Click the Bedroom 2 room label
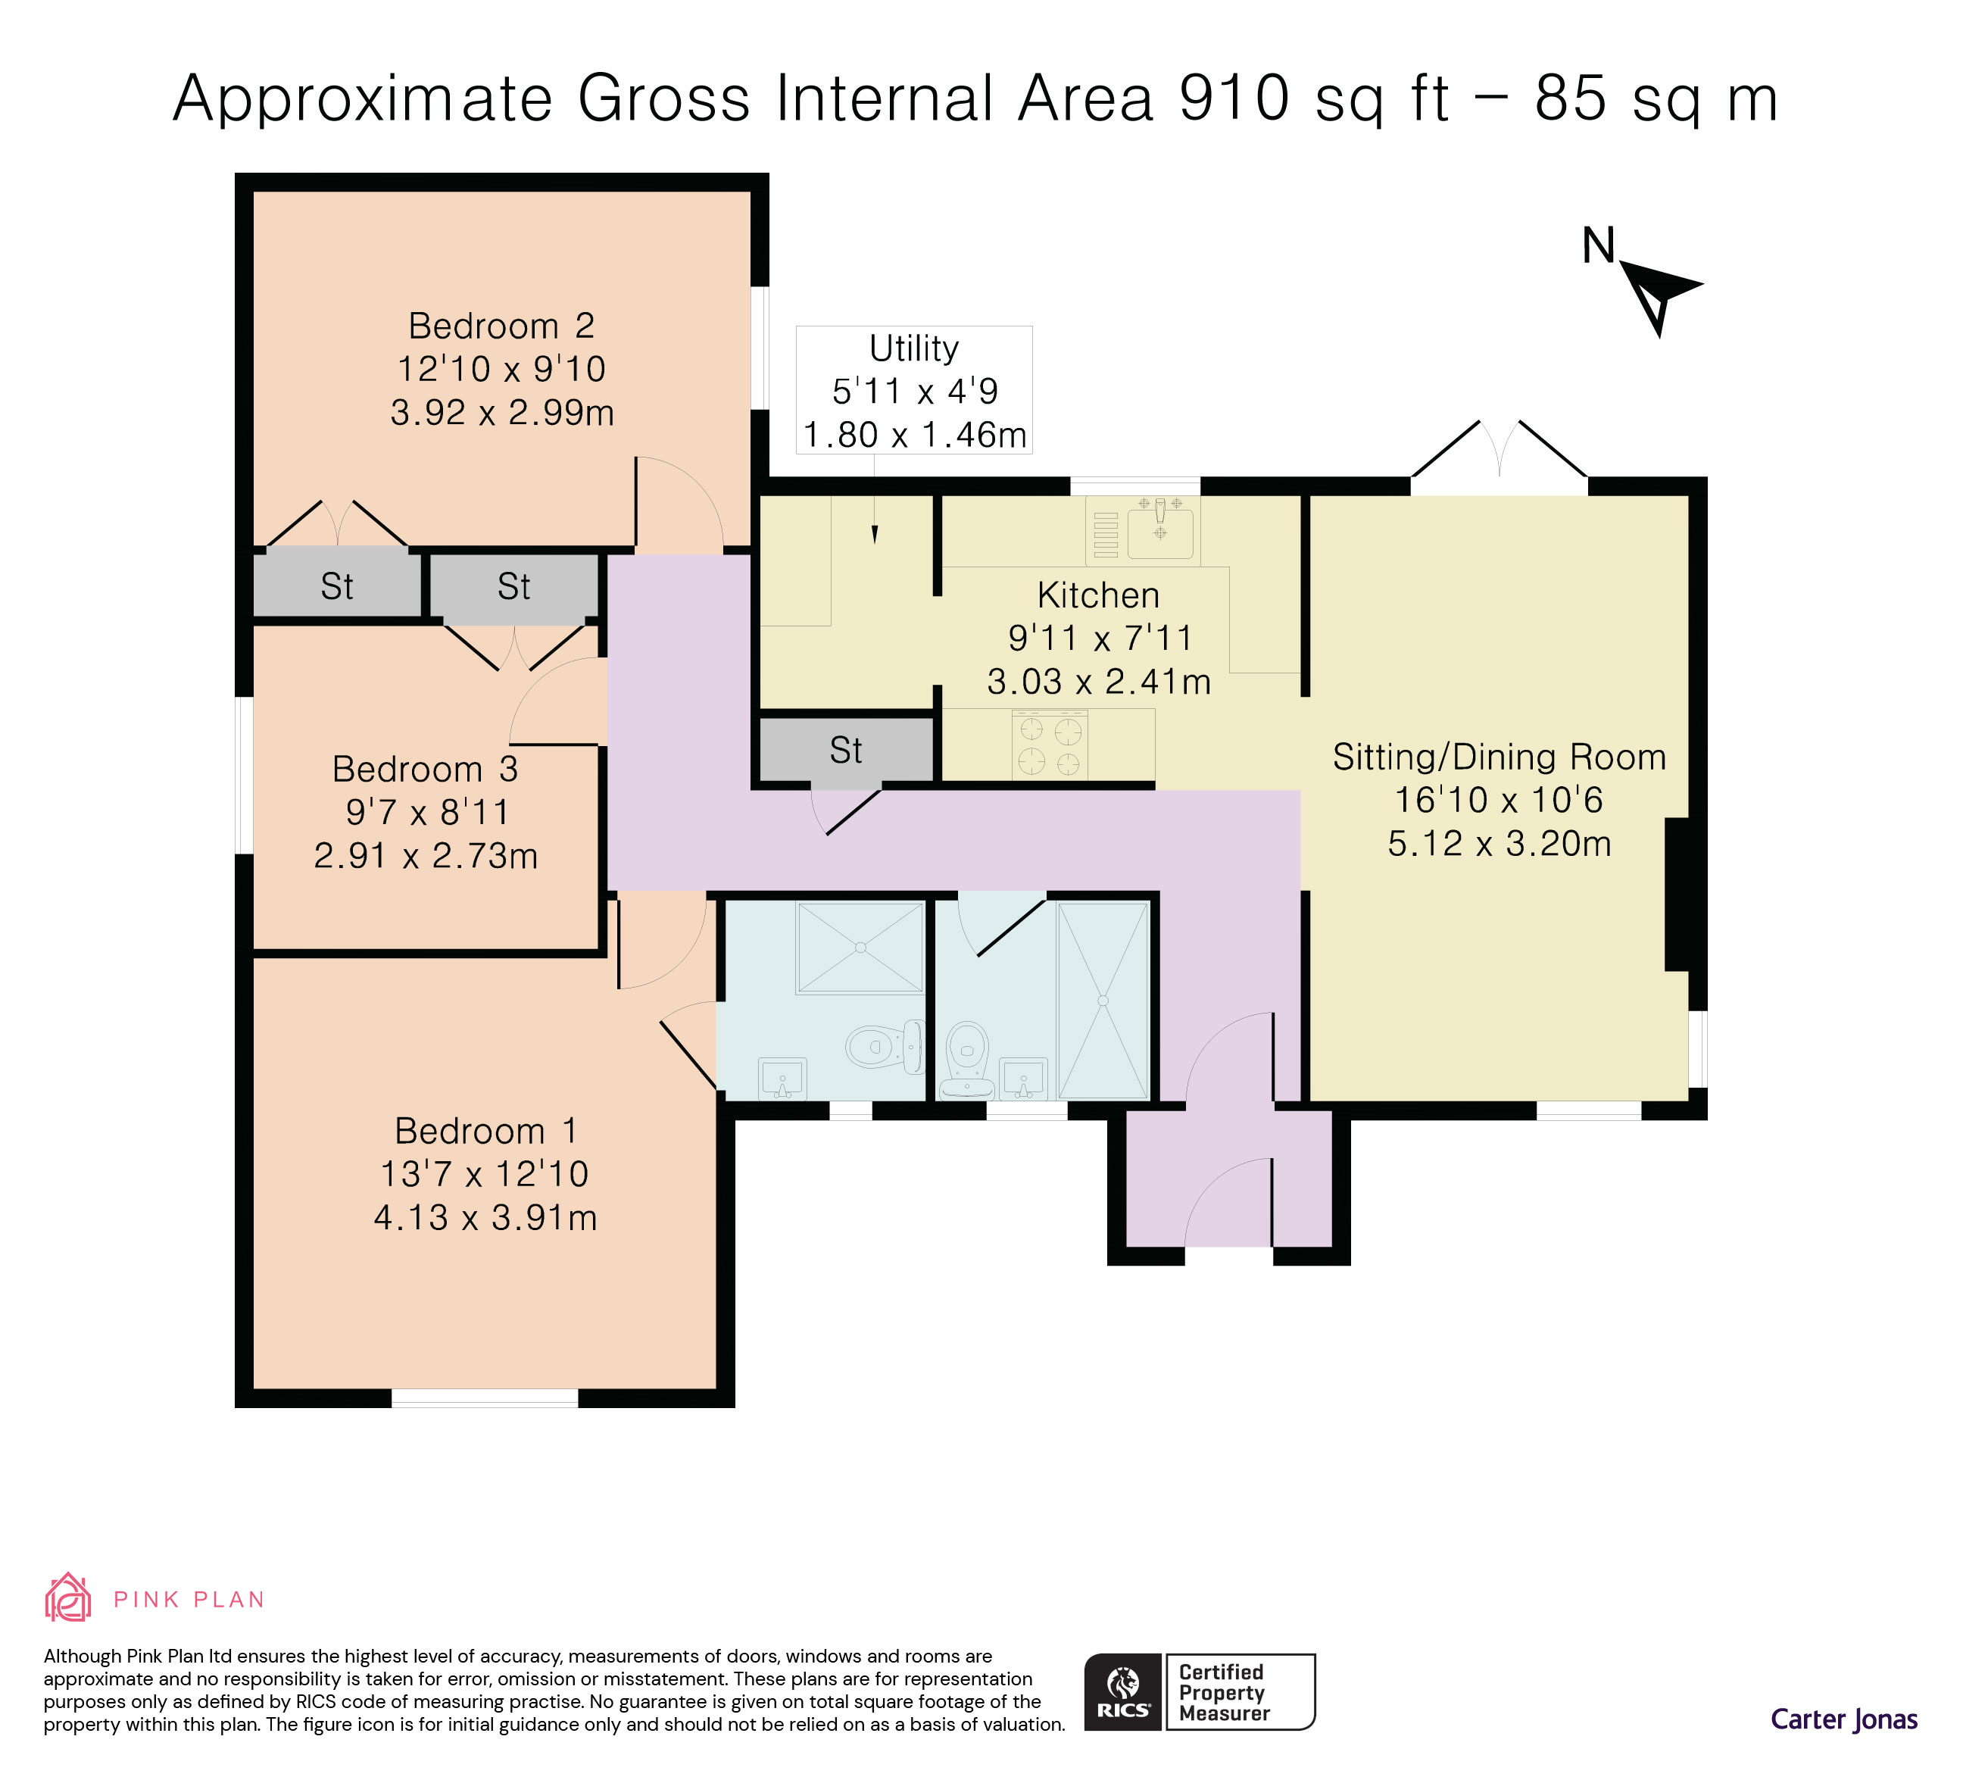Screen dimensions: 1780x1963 (x=501, y=325)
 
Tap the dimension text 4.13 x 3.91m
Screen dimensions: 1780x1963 (x=485, y=1217)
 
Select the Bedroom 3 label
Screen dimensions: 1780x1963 (x=425, y=770)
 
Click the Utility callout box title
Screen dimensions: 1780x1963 (x=913, y=348)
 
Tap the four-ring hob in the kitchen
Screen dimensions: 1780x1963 (x=1050, y=745)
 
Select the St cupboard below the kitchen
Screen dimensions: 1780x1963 (x=845, y=750)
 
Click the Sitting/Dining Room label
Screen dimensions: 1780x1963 (x=1499, y=757)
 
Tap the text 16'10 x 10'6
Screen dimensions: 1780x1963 (x=1499, y=799)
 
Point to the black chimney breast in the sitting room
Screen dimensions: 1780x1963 (x=1676, y=894)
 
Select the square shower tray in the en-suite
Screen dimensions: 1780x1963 (x=860, y=947)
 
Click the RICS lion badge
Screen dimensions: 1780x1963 (x=1122, y=1691)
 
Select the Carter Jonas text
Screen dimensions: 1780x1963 (x=1843, y=1719)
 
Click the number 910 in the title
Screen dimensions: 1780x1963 (x=1234, y=98)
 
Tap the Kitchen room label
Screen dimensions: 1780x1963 (x=1097, y=595)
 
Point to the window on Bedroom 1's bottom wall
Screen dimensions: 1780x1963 (x=484, y=1398)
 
